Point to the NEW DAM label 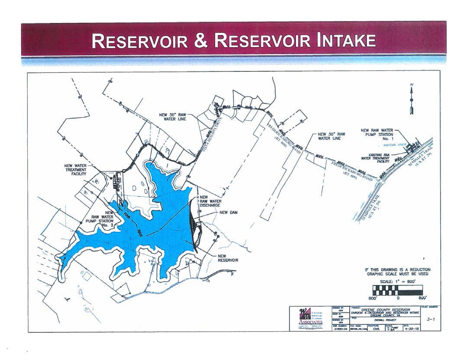pos(229,212)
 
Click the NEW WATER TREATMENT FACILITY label pos(75,170)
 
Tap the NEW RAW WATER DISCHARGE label pos(210,201)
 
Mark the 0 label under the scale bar pos(398,298)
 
